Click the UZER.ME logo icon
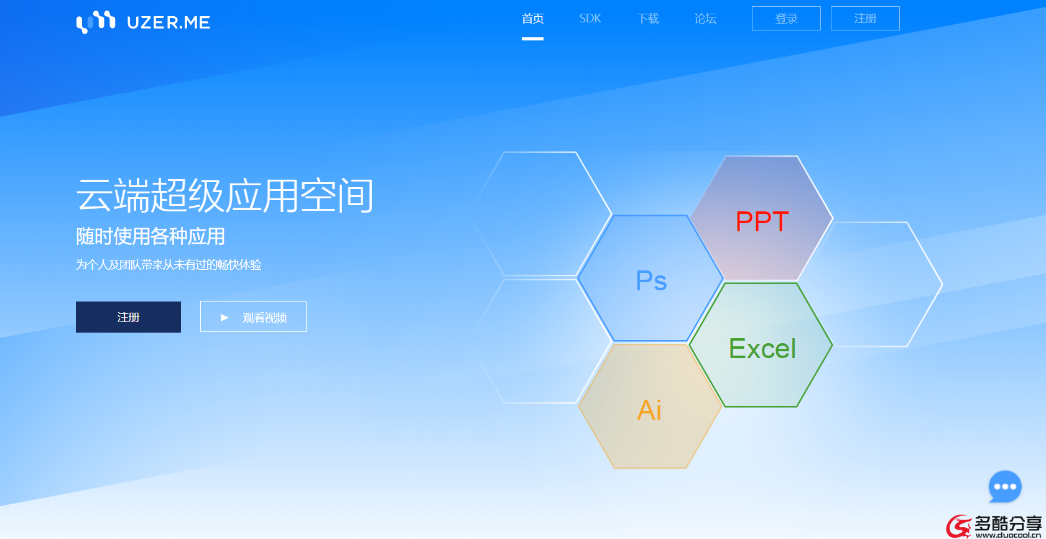(96, 22)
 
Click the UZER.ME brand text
(169, 22)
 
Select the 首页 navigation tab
(532, 19)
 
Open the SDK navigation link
(590, 19)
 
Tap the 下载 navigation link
(647, 19)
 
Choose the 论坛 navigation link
(705, 19)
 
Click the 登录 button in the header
(786, 18)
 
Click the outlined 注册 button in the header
(865, 18)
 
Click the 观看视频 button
(253, 316)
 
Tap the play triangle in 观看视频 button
(224, 317)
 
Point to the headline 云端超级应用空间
(224, 195)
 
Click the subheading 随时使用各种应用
(150, 236)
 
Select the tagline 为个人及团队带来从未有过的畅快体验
(169, 265)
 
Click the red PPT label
(762, 221)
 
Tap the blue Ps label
(651, 281)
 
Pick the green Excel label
(762, 349)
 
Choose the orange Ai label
(649, 410)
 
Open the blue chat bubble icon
(1005, 486)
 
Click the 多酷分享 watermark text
(1007, 523)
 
